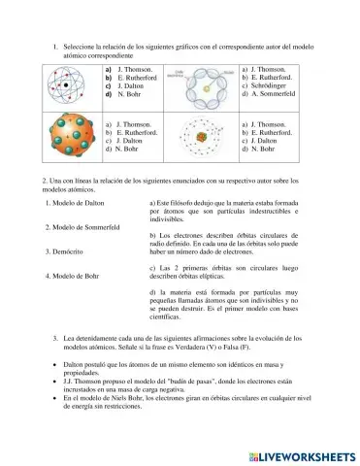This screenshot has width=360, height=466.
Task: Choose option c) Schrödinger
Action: (271, 88)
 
